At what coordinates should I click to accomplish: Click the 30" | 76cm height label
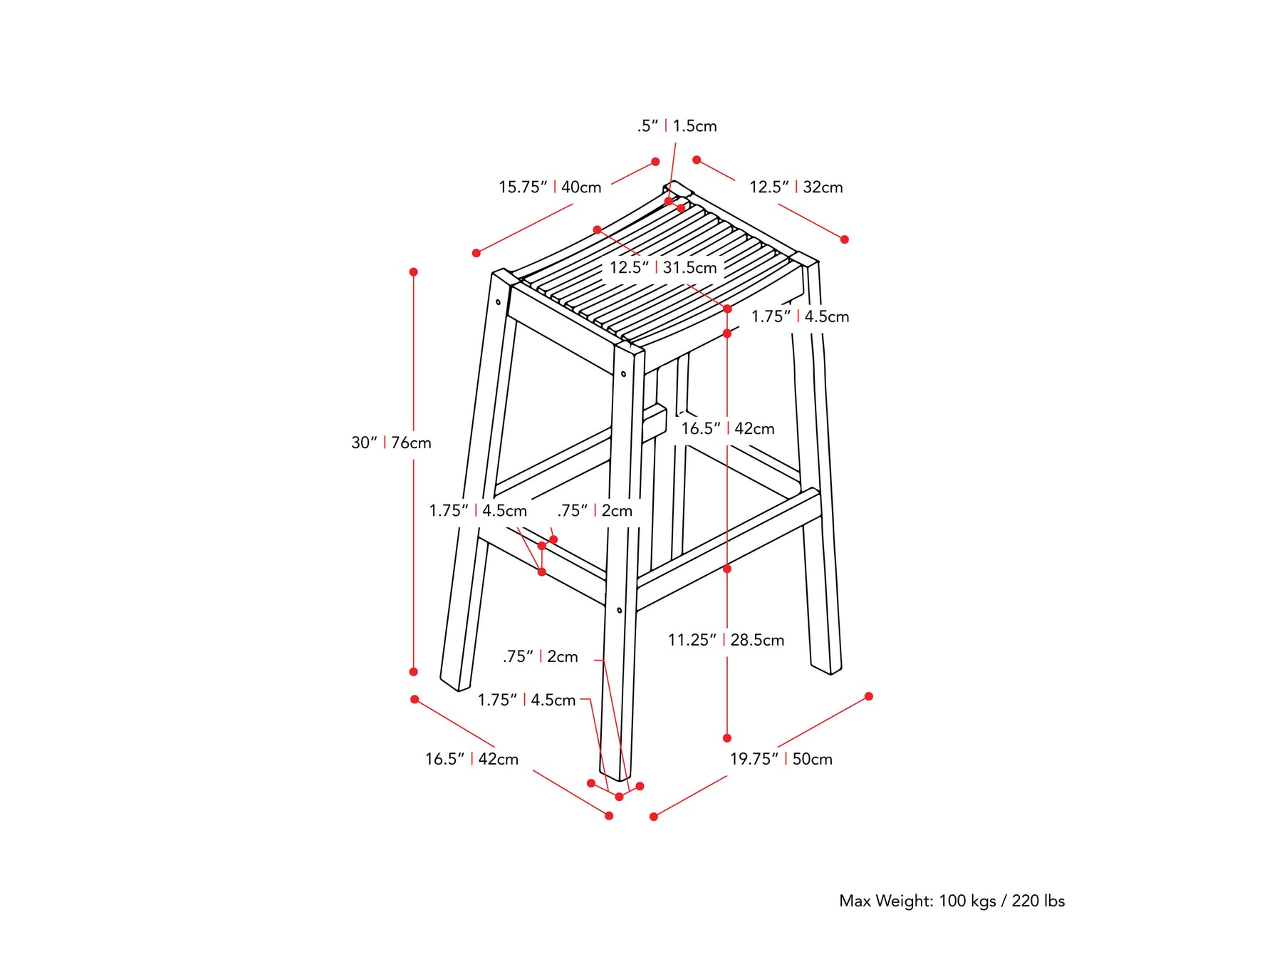tap(391, 443)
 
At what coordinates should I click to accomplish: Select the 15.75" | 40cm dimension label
tap(550, 187)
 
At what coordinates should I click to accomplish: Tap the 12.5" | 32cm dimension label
tap(796, 187)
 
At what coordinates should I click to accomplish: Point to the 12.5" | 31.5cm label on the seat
tap(663, 268)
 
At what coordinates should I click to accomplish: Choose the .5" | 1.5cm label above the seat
tap(677, 126)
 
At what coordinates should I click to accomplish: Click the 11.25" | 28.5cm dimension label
tap(726, 640)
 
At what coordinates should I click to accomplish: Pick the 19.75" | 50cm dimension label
tap(781, 759)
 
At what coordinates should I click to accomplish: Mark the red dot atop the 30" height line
tap(413, 272)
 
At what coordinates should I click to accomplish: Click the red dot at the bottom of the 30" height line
tap(413, 672)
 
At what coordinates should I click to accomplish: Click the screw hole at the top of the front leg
tap(623, 374)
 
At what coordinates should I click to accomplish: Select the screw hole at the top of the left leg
tap(499, 302)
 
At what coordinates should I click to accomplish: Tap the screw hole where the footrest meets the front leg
tap(620, 611)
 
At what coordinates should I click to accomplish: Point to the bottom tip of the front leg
tap(617, 780)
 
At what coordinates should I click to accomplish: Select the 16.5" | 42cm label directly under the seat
tap(728, 429)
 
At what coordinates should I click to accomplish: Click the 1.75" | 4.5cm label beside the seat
tap(800, 316)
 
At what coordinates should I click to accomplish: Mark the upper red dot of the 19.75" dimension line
tap(869, 696)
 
